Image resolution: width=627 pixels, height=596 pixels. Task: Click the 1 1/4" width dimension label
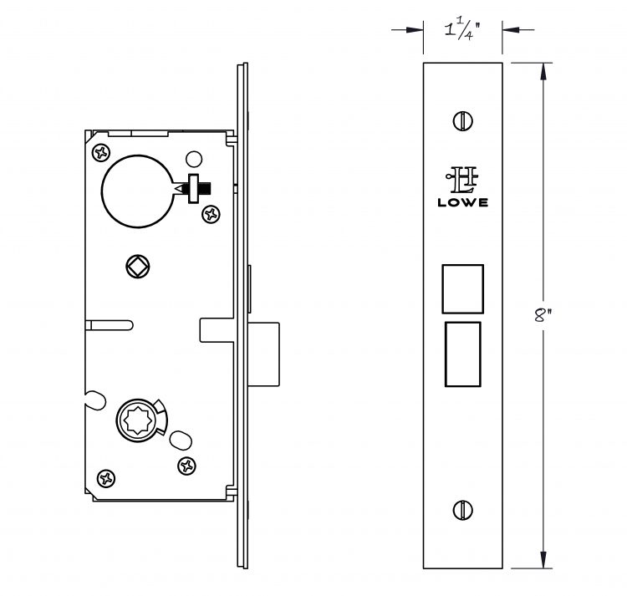(x=461, y=30)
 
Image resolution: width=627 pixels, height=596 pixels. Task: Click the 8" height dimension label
(x=542, y=315)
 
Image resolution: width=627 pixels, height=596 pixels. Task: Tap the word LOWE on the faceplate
(x=462, y=202)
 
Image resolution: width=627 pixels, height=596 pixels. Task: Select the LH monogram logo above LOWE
(x=462, y=179)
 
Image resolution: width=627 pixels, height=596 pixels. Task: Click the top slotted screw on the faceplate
(x=462, y=120)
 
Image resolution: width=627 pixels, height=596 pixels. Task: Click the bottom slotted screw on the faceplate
(x=462, y=510)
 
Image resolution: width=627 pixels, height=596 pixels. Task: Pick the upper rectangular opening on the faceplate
(x=462, y=288)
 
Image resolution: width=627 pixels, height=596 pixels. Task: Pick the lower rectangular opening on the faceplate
(x=462, y=354)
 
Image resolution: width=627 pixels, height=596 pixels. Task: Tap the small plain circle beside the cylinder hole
(x=194, y=159)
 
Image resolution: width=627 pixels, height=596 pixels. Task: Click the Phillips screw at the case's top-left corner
(x=101, y=153)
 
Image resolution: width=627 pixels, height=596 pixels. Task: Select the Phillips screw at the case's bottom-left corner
(x=106, y=478)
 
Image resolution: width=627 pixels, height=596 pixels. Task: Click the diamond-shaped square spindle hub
(x=138, y=266)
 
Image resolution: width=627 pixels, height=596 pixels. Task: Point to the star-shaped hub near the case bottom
(x=138, y=420)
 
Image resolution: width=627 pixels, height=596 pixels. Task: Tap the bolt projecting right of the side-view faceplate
(x=263, y=354)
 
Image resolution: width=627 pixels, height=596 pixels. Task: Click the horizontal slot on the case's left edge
(x=110, y=325)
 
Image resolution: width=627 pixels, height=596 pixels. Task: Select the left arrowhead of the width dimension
(x=415, y=29)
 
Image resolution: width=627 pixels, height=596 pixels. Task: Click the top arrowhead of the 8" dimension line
(x=543, y=71)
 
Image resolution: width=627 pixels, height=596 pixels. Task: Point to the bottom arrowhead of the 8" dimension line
(x=543, y=559)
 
